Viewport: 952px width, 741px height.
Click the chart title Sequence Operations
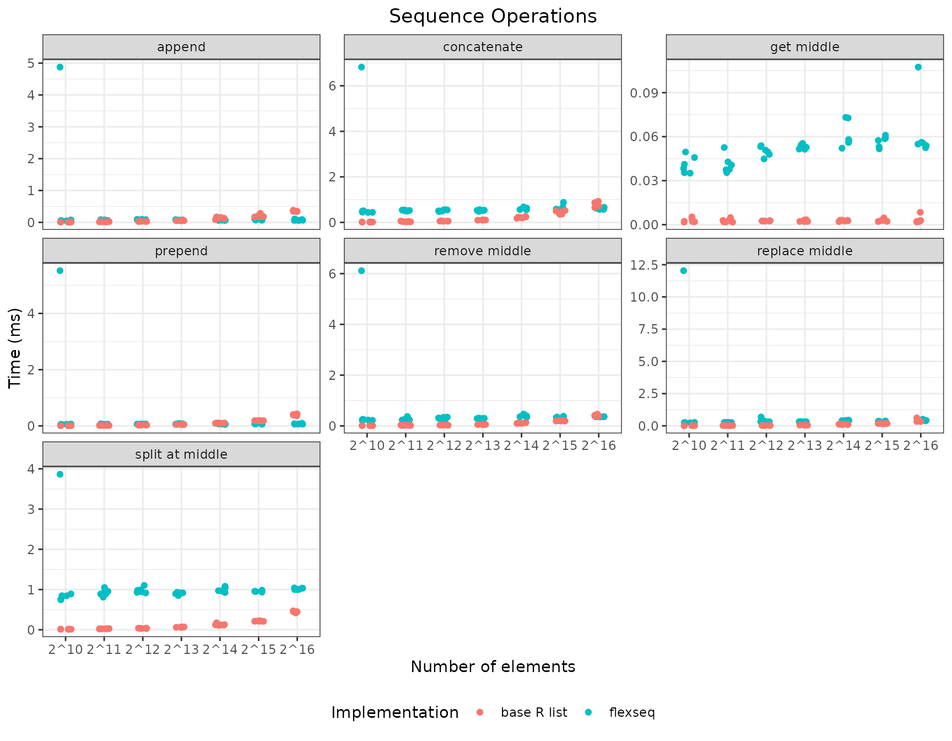click(x=493, y=16)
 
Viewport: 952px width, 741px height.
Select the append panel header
click(x=181, y=47)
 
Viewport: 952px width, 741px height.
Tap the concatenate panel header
click(x=483, y=47)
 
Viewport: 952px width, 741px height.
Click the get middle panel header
click(x=804, y=47)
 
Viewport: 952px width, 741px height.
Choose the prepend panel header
click(x=181, y=251)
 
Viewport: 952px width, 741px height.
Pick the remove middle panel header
click(x=483, y=251)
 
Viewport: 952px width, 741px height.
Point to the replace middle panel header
click(x=804, y=251)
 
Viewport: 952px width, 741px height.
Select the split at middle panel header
click(x=181, y=454)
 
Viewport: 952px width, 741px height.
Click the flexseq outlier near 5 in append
click(x=60, y=67)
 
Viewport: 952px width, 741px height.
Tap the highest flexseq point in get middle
click(x=918, y=67)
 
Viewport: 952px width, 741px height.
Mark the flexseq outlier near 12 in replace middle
click(x=684, y=271)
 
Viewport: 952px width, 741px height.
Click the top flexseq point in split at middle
click(x=60, y=474)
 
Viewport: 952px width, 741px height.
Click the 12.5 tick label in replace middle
click(x=644, y=265)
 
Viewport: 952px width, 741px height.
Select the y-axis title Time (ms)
click(x=15, y=348)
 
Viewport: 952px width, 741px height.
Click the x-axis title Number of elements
click(x=493, y=667)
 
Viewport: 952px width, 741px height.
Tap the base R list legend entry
click(x=534, y=712)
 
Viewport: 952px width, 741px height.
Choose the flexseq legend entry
click(x=632, y=712)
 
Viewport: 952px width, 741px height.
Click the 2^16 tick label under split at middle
click(x=297, y=649)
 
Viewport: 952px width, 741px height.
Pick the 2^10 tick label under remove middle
click(x=367, y=445)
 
